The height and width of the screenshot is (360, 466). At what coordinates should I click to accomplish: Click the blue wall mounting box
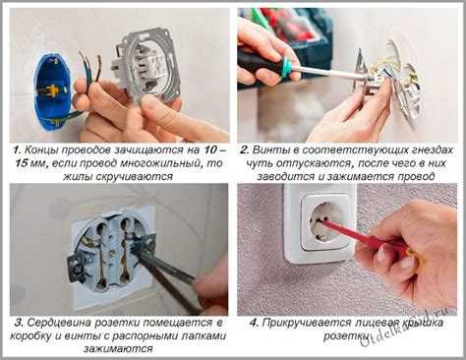click(52, 93)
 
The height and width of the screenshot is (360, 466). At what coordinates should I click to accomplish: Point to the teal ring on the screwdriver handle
click(285, 68)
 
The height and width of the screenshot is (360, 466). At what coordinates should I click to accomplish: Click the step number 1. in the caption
click(18, 150)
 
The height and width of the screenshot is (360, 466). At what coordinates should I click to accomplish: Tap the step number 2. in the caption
click(245, 150)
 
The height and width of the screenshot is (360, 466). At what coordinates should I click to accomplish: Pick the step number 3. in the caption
click(19, 323)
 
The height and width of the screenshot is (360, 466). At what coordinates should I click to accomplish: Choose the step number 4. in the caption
click(255, 323)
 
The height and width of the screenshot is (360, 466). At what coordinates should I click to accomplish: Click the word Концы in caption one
click(41, 150)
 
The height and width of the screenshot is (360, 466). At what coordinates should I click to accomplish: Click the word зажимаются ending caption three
click(118, 348)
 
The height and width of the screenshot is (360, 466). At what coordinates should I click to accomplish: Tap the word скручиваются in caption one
click(135, 177)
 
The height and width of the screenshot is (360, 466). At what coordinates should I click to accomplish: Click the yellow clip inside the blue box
click(50, 90)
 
